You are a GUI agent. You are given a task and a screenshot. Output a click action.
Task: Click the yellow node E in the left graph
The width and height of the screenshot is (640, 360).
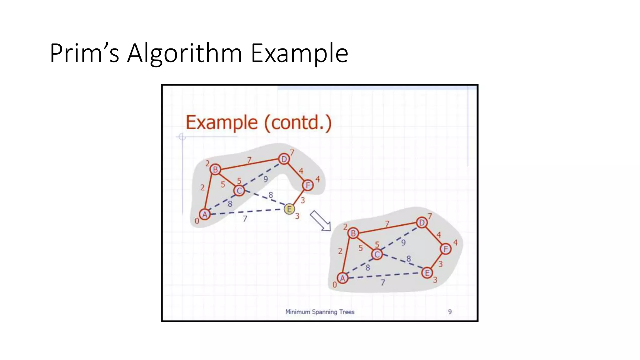point(289,209)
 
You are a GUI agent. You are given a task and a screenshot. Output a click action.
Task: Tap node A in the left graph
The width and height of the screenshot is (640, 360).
point(205,215)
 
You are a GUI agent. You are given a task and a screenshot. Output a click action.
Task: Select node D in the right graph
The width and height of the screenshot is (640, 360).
point(422,222)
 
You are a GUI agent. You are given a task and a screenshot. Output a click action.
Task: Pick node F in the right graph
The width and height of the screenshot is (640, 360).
point(446,249)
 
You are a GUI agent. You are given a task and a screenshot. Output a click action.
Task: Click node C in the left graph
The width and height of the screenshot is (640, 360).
point(239,191)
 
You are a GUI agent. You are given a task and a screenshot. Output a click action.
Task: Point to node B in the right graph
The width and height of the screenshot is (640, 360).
point(353,233)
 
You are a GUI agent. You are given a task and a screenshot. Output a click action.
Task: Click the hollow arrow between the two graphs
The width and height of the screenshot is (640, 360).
point(320,221)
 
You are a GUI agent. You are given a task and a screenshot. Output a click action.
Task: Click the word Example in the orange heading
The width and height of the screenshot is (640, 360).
point(222,122)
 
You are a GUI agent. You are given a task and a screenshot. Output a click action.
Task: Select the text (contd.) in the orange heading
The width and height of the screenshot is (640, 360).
point(298,122)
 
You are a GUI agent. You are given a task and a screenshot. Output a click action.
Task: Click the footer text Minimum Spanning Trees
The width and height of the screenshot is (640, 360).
point(320,312)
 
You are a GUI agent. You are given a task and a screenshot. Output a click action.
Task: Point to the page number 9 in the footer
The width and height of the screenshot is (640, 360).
point(450,312)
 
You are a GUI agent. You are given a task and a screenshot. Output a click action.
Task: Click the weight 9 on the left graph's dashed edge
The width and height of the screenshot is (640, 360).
point(265,179)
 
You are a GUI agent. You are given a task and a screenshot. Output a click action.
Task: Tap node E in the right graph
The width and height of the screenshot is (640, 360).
point(427,273)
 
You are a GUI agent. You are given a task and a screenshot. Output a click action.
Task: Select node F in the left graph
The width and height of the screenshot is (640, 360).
point(308,185)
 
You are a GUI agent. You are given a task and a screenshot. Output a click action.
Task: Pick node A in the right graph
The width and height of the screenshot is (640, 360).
point(342,278)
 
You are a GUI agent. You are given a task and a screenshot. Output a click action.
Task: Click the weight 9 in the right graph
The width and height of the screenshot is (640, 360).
point(403,242)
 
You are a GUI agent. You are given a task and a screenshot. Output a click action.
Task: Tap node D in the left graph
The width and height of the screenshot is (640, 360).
point(284,159)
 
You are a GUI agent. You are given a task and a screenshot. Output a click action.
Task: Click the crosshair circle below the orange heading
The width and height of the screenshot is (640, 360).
point(182,137)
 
